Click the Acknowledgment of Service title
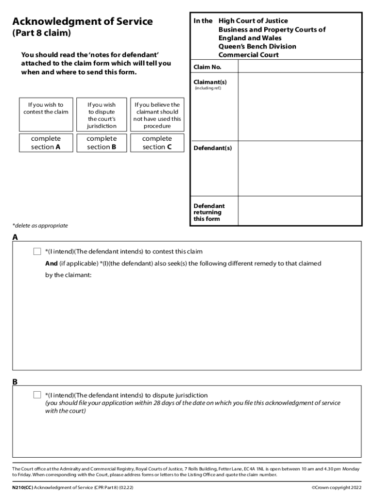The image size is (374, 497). point(83,21)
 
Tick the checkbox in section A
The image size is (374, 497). point(37,251)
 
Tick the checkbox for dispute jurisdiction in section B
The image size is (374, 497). point(37,395)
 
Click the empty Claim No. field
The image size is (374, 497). point(300,66)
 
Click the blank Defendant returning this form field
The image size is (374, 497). point(300,212)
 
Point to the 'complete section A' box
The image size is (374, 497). point(46,143)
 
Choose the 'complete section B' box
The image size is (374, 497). point(102,143)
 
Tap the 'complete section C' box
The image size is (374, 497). point(157,143)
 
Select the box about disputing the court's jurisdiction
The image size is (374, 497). point(102,115)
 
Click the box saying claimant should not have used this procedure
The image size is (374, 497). point(157,115)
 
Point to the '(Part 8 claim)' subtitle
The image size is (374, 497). point(41,33)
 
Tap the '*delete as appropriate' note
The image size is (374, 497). point(40,226)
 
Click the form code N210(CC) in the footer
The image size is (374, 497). point(22,487)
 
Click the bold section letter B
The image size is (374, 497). point(15,382)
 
